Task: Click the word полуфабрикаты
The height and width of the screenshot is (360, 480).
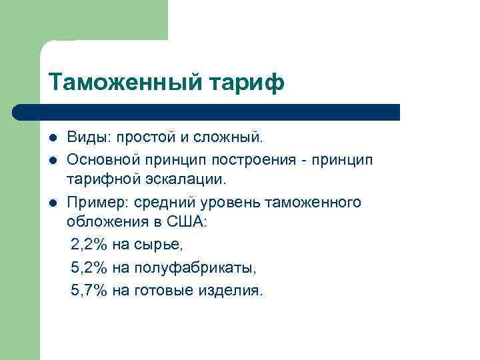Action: [195, 267]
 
